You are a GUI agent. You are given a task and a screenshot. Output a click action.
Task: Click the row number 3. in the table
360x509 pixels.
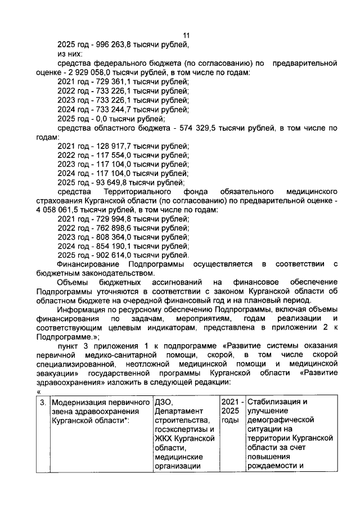tap(43, 402)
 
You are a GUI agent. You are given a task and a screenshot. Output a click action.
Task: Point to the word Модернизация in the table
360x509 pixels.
tap(80, 402)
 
